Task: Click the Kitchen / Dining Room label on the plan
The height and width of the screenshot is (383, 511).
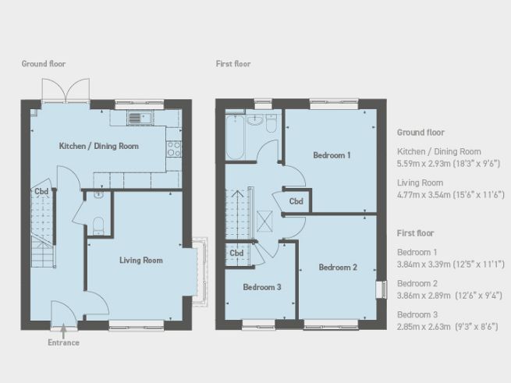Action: [99, 146]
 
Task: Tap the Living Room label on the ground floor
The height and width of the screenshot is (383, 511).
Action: [141, 260]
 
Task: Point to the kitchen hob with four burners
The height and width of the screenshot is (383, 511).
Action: [174, 147]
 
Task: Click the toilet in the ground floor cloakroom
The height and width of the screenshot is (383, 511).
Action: [98, 225]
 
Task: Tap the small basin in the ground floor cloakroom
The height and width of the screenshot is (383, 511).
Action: [97, 197]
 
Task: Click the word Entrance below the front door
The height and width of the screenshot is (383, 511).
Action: [63, 342]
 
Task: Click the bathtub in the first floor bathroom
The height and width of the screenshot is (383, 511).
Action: [234, 137]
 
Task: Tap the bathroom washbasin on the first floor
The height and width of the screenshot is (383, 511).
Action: [255, 120]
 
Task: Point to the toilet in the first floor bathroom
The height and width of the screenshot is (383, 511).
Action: [271, 123]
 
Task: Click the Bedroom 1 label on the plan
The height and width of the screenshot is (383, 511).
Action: [332, 155]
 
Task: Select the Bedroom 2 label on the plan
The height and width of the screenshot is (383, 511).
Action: [338, 268]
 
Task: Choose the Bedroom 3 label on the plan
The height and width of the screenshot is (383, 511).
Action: [261, 287]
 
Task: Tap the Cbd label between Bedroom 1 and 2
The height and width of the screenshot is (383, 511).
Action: [296, 201]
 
